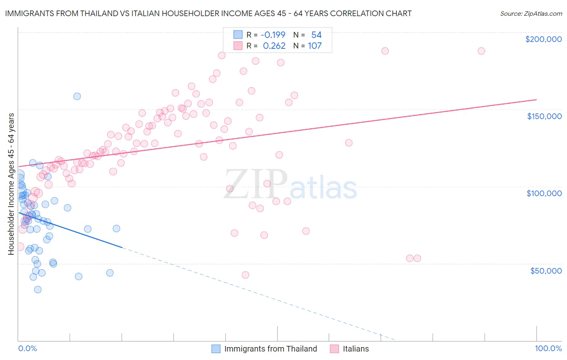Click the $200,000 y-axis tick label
click(543, 39)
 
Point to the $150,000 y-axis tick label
click(544, 116)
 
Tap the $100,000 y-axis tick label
click(544, 193)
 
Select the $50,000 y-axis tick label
click(546, 270)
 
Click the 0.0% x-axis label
click(27, 348)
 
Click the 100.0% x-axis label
click(548, 348)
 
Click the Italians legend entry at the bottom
click(356, 349)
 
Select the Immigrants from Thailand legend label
click(271, 349)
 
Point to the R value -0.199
click(273, 35)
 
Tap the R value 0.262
click(274, 46)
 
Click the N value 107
click(315, 46)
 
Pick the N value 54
click(316, 35)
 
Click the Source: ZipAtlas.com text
click(531, 13)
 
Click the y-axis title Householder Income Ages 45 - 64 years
click(11, 184)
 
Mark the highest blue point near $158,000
click(77, 96)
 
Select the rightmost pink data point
click(481, 51)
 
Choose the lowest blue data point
click(38, 289)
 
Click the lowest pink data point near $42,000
click(245, 275)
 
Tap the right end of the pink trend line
click(537, 99)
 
